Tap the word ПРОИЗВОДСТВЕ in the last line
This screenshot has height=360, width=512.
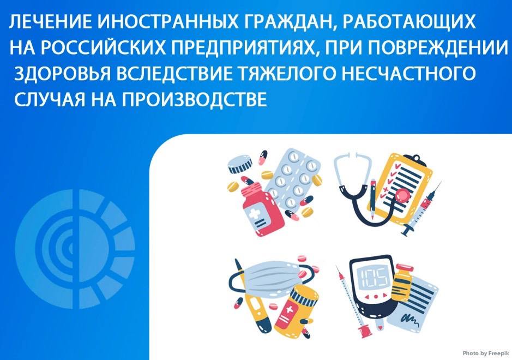click(195, 99)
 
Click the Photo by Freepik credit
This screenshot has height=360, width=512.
click(485, 353)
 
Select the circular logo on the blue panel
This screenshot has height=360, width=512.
click(75, 249)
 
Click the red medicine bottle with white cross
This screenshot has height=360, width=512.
click(262, 209)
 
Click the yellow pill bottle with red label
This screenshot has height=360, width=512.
click(297, 311)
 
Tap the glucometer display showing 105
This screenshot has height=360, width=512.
click(374, 275)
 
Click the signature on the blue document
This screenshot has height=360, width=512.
click(410, 319)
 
